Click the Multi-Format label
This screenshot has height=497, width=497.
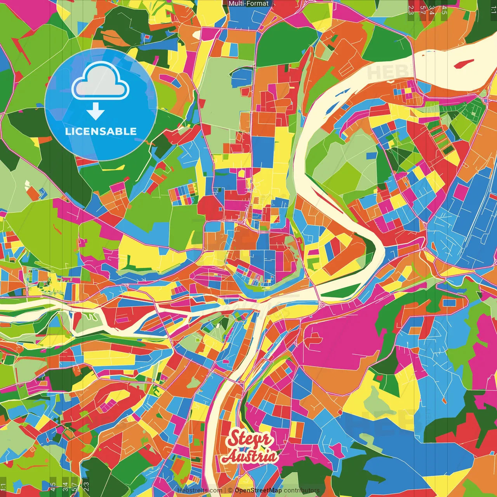point(248,3)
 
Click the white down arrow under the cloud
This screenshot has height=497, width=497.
point(96,111)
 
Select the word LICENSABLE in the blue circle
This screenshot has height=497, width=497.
point(101,131)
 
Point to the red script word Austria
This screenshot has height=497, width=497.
point(250,457)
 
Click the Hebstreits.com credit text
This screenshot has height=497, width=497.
point(200,490)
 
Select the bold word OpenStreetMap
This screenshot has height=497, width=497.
point(258,490)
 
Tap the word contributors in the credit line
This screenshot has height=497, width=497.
point(302,490)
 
